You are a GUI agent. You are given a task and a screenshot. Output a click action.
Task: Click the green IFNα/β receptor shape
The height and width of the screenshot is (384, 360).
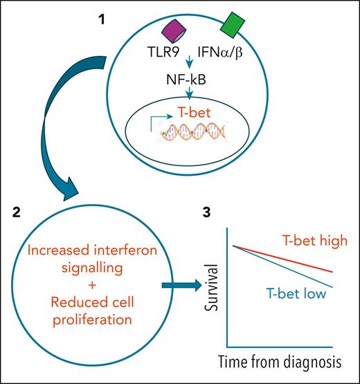(231, 26)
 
